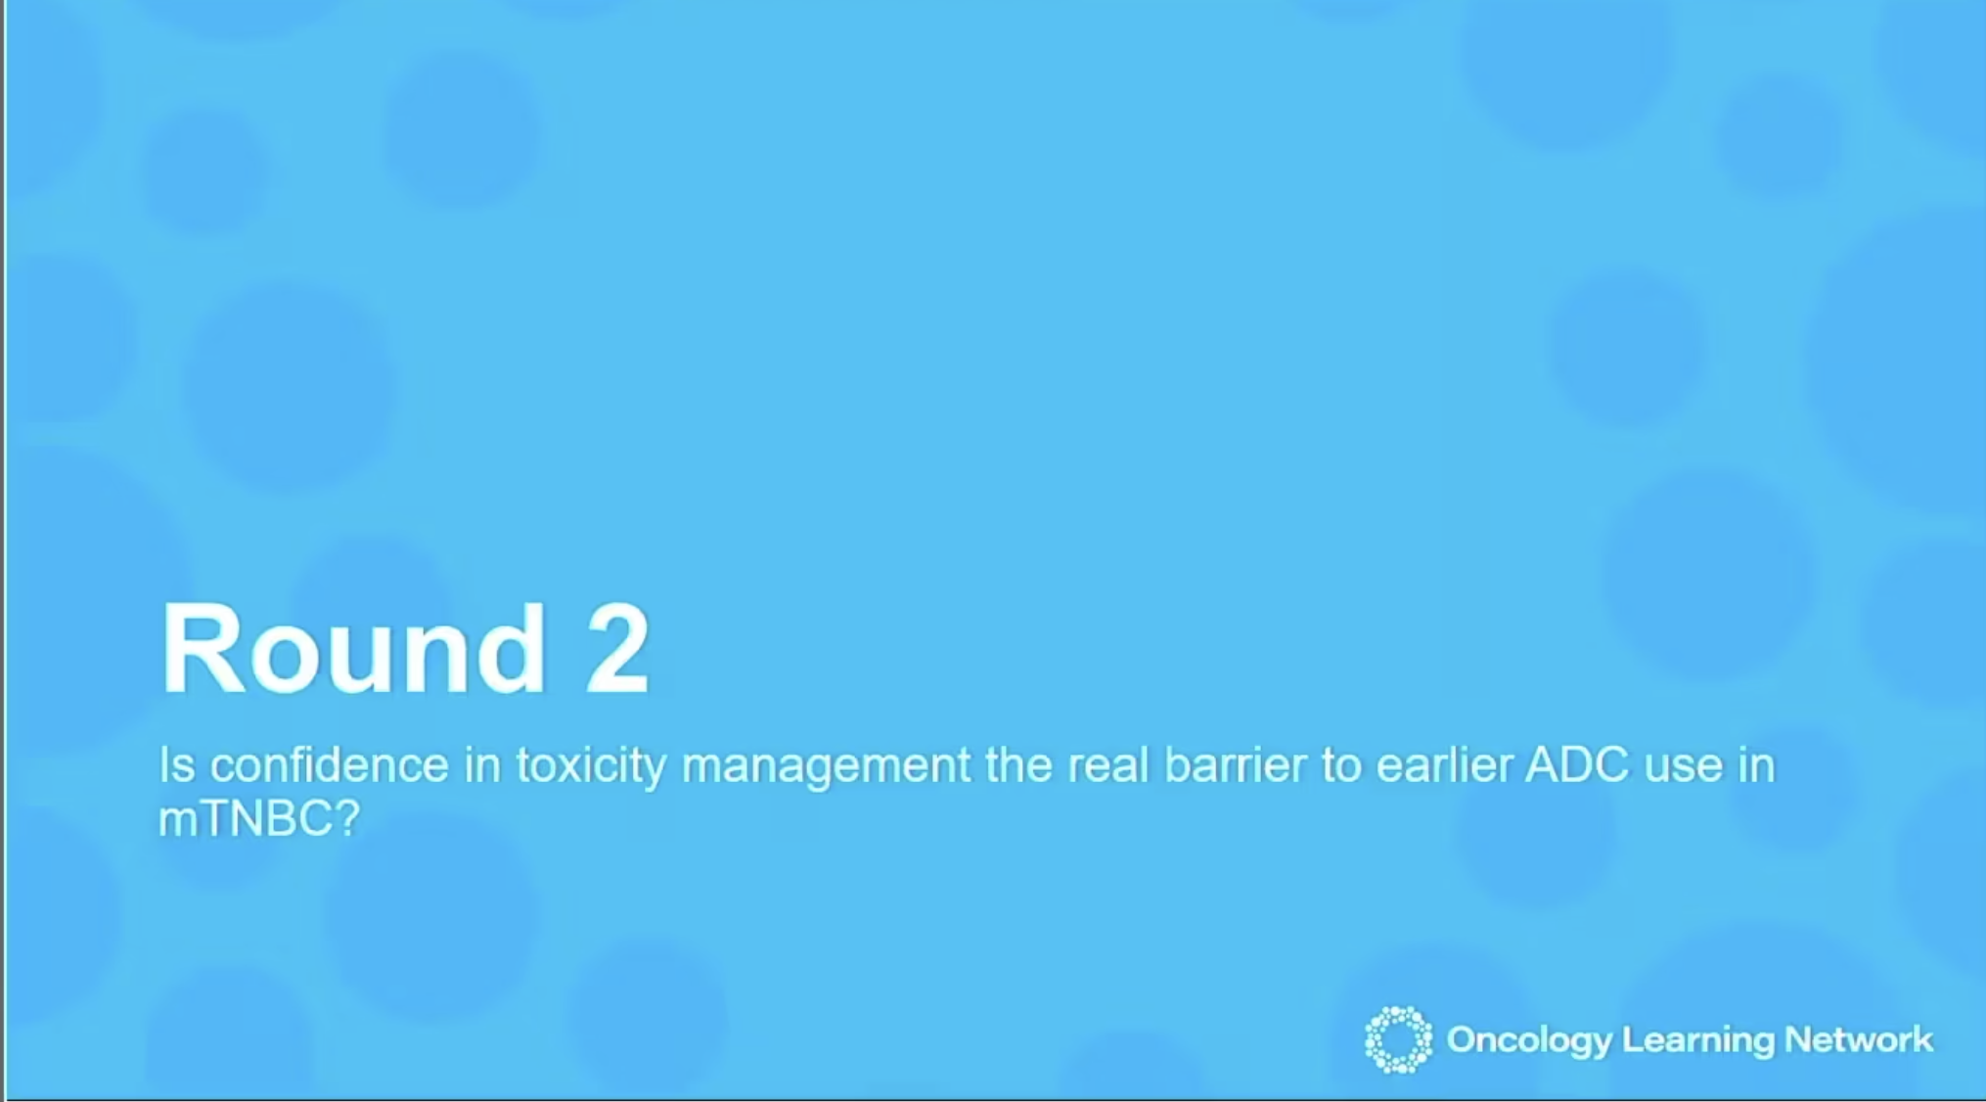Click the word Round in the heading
pyautogui.click(x=353, y=648)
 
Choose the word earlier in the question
pyautogui.click(x=1444, y=764)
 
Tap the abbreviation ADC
pyautogui.click(x=1577, y=764)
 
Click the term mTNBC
pyautogui.click(x=246, y=818)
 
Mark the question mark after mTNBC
pyautogui.click(x=347, y=818)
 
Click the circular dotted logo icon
pyautogui.click(x=1398, y=1039)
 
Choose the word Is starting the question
pyautogui.click(x=177, y=764)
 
